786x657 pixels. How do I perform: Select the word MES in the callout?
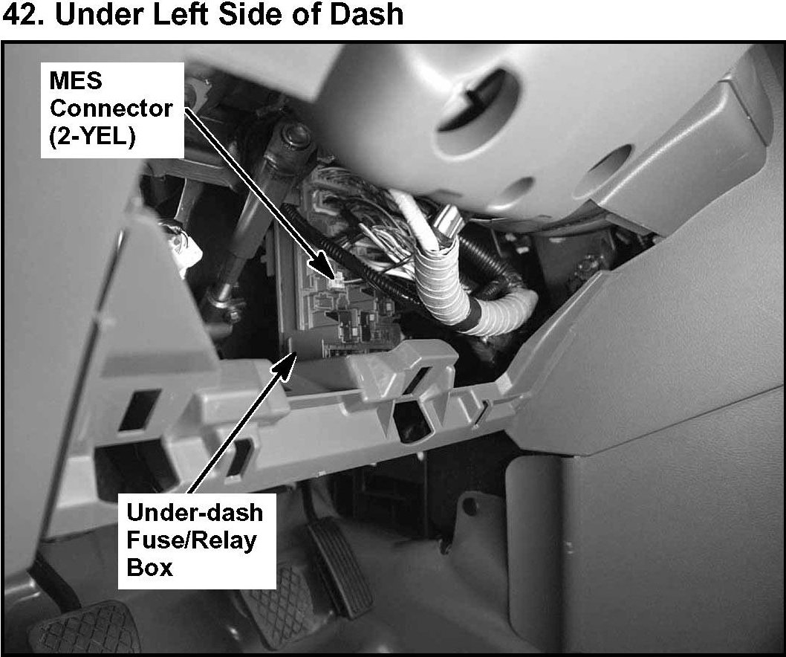[76, 81]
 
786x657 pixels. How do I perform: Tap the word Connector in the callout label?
[111, 109]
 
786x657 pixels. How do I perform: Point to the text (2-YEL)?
[93, 137]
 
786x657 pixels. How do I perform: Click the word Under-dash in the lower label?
[195, 512]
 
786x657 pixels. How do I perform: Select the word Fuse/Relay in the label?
[192, 540]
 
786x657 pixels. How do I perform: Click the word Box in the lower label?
[149, 567]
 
